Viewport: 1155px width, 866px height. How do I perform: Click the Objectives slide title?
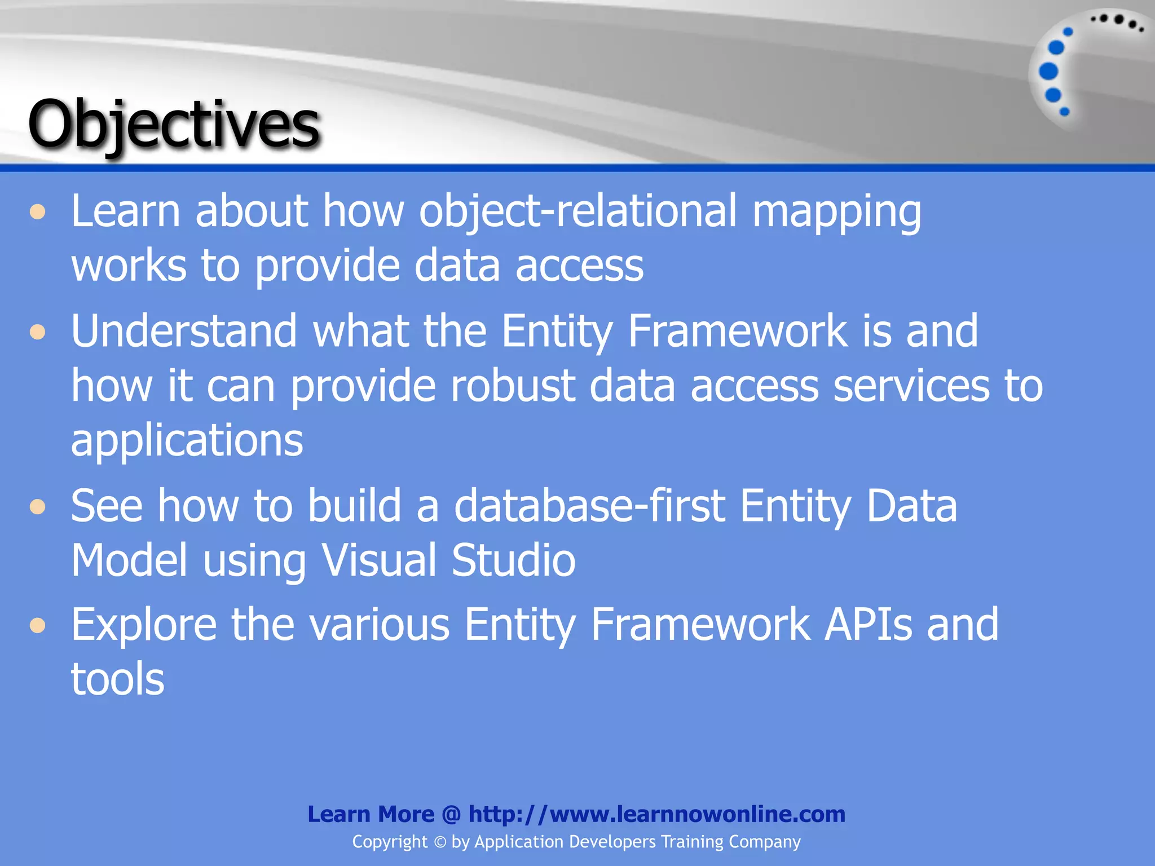click(174, 124)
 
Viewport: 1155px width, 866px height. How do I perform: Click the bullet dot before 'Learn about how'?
click(38, 213)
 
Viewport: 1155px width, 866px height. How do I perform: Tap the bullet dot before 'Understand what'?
click(38, 332)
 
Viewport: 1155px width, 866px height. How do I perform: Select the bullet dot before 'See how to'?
click(38, 507)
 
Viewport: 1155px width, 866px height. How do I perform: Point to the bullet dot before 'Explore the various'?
click(38, 626)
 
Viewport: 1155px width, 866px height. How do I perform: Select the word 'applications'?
click(187, 441)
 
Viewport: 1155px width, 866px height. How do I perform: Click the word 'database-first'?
click(589, 506)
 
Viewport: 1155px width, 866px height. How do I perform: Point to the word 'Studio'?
click(513, 560)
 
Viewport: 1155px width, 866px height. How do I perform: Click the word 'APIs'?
click(867, 625)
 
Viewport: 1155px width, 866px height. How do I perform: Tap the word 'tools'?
click(117, 679)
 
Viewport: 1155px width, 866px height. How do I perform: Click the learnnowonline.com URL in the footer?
click(656, 814)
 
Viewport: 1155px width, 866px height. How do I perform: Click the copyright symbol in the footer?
click(440, 842)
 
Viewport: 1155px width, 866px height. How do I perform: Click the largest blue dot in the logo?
click(1048, 71)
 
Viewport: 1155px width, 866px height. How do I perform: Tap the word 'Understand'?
click(184, 332)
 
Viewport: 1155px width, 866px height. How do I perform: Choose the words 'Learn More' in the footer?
click(371, 814)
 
